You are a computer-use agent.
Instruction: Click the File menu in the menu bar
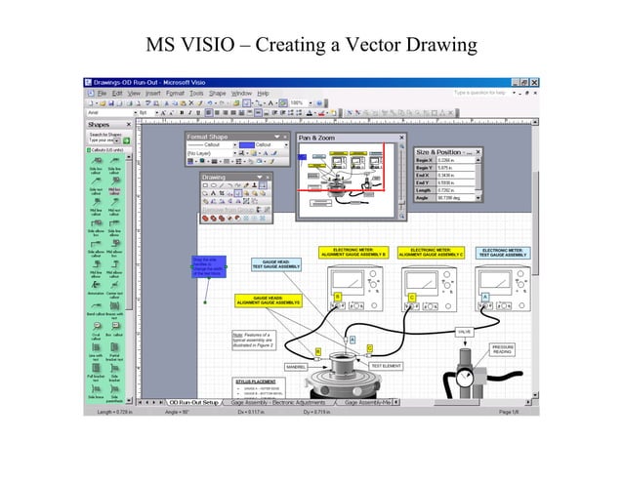tap(103, 93)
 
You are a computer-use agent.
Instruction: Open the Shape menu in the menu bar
tap(217, 93)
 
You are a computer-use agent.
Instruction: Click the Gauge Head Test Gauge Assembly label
tap(276, 263)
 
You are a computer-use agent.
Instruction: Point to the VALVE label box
tap(465, 332)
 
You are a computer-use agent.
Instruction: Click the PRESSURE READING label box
tap(502, 349)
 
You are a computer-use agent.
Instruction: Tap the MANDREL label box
tap(296, 367)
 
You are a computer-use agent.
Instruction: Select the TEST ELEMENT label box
tap(386, 366)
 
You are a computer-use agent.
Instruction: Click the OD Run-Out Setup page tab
tap(191, 401)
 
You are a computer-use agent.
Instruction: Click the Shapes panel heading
tap(100, 125)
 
